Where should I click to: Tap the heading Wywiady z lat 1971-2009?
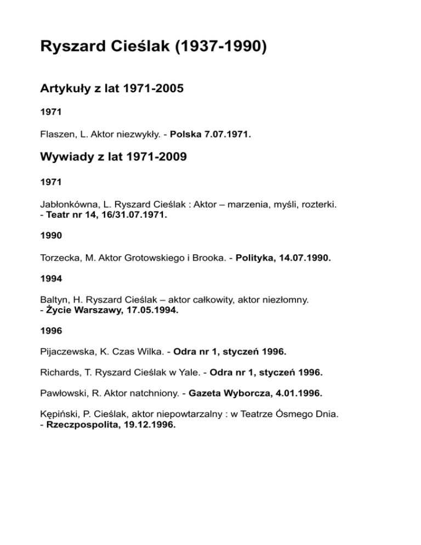[x=113, y=157]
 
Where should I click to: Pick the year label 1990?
[x=51, y=236]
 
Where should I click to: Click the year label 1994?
[x=51, y=278]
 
